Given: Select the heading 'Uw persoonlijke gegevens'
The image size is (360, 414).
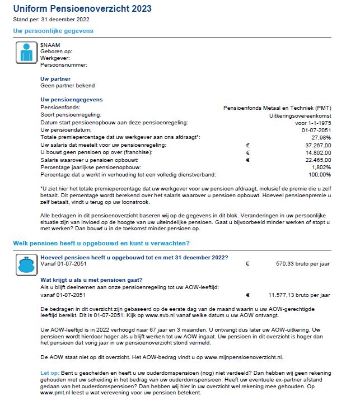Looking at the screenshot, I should [53, 31].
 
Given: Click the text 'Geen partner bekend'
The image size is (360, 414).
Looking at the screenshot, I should [68, 86].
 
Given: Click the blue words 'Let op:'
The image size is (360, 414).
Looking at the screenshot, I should [49, 371].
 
